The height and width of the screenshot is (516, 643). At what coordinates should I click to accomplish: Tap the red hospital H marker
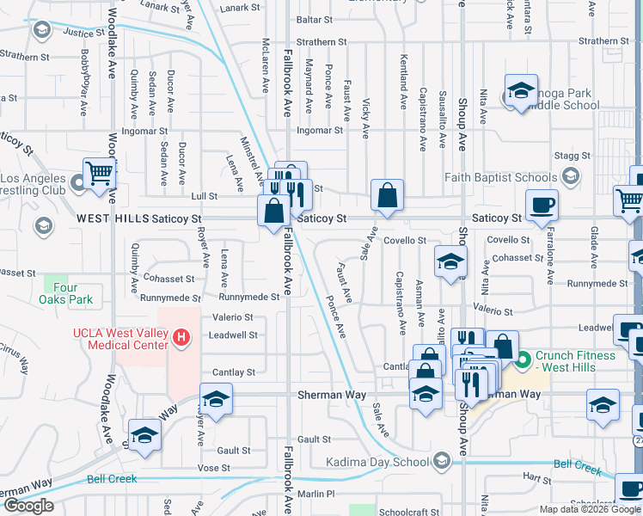click(x=181, y=338)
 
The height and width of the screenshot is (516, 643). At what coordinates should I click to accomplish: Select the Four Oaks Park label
click(x=58, y=294)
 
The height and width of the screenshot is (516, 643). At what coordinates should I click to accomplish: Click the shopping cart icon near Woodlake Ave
click(x=100, y=173)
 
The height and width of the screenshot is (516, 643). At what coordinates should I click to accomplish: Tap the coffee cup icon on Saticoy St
click(x=541, y=206)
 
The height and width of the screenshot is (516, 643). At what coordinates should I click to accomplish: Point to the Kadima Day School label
click(x=377, y=462)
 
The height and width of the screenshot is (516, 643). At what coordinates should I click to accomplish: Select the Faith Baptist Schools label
click(x=500, y=178)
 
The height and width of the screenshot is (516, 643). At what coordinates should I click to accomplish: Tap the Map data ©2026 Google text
click(x=590, y=509)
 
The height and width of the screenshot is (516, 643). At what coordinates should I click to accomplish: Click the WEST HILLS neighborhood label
click(x=112, y=219)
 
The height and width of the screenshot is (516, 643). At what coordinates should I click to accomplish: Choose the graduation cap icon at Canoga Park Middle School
click(x=520, y=91)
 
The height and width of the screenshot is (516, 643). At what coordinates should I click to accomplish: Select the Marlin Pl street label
click(x=317, y=494)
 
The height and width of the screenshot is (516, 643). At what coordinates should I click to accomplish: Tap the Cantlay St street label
click(x=234, y=372)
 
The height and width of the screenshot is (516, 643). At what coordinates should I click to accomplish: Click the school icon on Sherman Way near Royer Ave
click(x=216, y=399)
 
